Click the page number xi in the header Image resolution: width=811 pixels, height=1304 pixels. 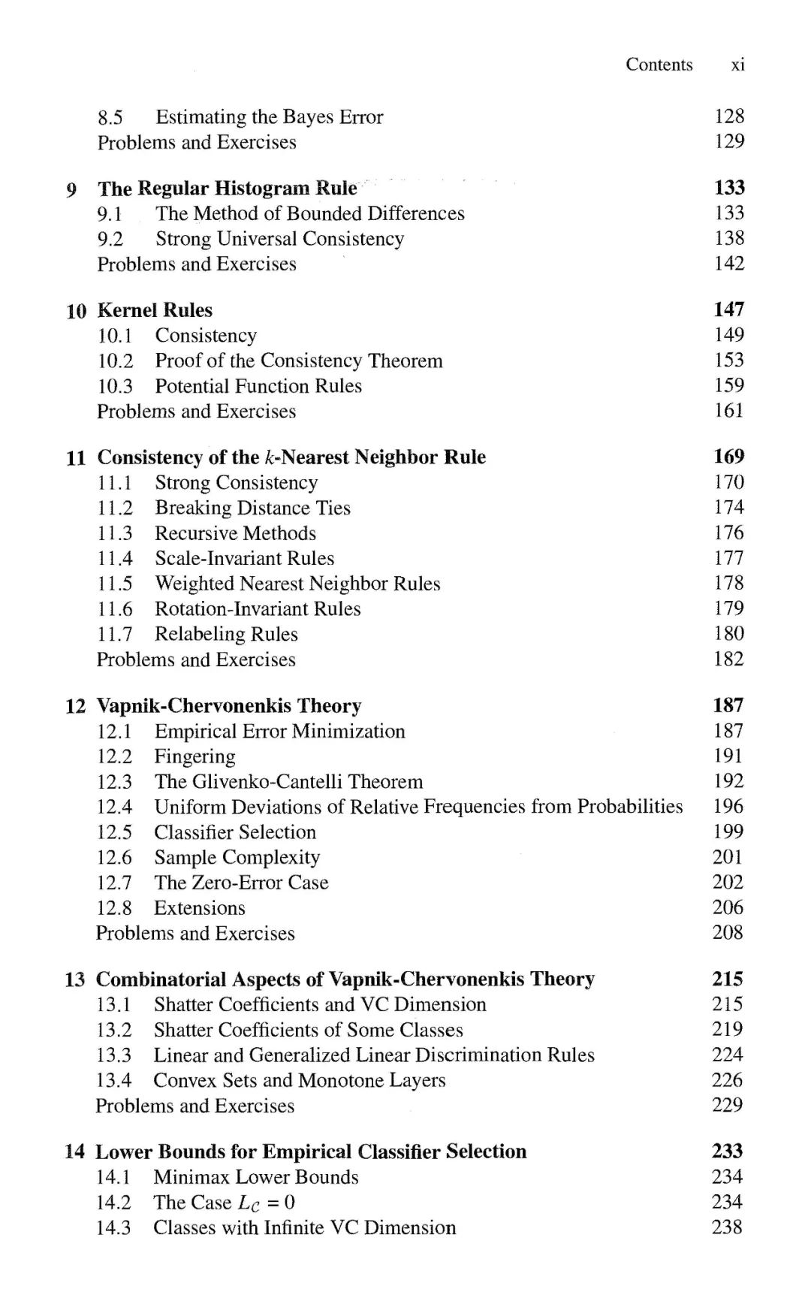pyautogui.click(x=737, y=65)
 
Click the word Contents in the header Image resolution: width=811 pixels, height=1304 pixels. pyautogui.click(x=659, y=65)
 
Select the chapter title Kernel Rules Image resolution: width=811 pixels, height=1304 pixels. pyautogui.click(x=155, y=310)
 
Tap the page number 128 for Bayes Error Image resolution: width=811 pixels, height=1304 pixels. pyautogui.click(x=728, y=116)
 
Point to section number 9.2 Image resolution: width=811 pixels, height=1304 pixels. pyautogui.click(x=110, y=239)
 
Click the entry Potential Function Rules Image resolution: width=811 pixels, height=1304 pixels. pyautogui.click(x=258, y=386)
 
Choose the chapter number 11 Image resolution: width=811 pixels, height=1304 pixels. pyautogui.click(x=76, y=457)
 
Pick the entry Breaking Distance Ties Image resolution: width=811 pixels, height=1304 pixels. pyautogui.click(x=252, y=508)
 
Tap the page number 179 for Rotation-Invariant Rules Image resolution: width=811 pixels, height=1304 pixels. pyautogui.click(x=728, y=608)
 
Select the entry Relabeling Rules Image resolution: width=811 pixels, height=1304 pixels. pyautogui.click(x=226, y=634)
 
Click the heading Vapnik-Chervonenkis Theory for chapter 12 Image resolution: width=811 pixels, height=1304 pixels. pyautogui.click(x=229, y=706)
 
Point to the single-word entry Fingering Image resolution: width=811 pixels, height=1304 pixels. pyautogui.click(x=194, y=756)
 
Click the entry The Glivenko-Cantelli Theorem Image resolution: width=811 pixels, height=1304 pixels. pyautogui.click(x=288, y=782)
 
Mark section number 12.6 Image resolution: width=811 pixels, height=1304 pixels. pyautogui.click(x=114, y=858)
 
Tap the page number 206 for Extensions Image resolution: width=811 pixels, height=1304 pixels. pyautogui.click(x=728, y=907)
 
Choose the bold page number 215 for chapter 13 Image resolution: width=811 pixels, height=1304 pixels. pyautogui.click(x=727, y=979)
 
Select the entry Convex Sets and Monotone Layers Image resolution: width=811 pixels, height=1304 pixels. pyautogui.click(x=299, y=1080)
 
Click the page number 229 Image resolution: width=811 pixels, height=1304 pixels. pyautogui.click(x=727, y=1105)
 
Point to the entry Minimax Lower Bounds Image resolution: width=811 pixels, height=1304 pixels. pyautogui.click(x=255, y=1177)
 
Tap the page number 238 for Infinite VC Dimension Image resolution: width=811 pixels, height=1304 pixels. pyautogui.click(x=727, y=1227)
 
